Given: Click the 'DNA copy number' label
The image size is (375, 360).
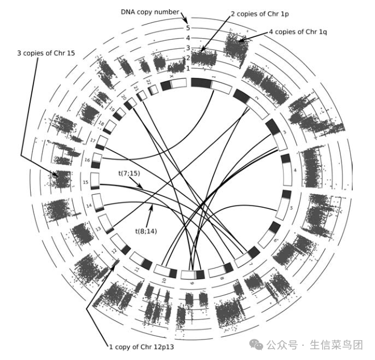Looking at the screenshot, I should tap(150, 11).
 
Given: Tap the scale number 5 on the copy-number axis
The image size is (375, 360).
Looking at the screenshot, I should tap(188, 27).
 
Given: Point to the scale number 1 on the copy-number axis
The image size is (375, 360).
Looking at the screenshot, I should tap(188, 68).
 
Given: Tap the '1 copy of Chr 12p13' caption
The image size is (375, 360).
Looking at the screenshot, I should tap(140, 346).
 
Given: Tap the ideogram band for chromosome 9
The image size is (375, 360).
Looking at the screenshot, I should tap(193, 274).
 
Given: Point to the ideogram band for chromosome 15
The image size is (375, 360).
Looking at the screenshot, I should tap(95, 181).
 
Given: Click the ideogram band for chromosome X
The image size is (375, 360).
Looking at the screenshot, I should tap(173, 85).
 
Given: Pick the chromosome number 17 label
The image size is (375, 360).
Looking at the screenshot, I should tap(93, 139).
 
